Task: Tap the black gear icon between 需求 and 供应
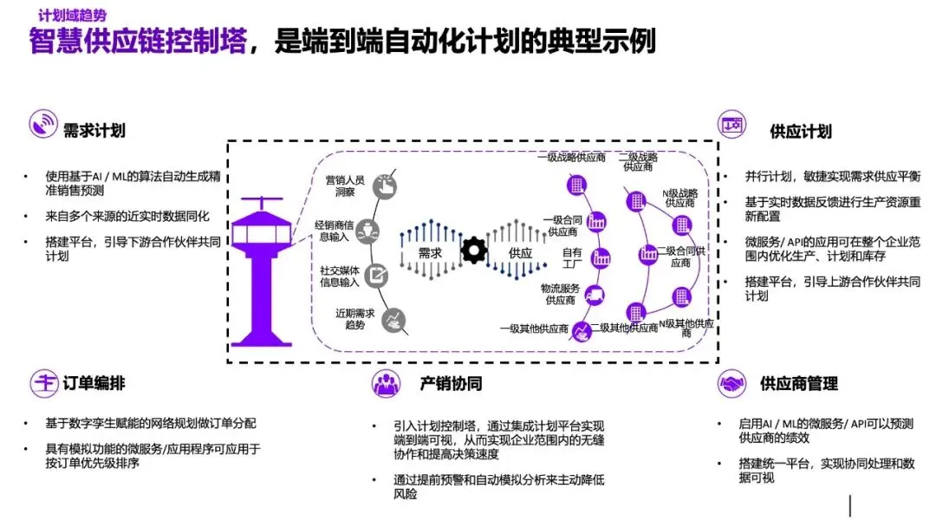[473, 250]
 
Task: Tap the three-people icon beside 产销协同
[386, 382]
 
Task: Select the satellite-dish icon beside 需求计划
[42, 124]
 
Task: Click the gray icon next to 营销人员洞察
[383, 185]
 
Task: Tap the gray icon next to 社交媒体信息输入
[378, 276]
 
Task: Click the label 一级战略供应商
[571, 158]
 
